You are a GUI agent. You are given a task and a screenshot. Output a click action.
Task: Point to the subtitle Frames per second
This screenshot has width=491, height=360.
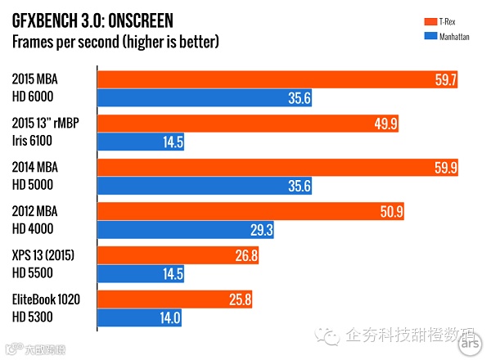click(x=115, y=40)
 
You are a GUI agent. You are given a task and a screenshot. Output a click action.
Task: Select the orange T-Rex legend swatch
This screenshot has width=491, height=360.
click(x=429, y=20)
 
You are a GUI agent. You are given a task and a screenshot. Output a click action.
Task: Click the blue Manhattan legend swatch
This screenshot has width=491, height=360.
click(x=429, y=36)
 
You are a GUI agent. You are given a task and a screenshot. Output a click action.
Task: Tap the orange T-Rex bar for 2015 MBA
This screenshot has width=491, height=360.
click(x=278, y=79)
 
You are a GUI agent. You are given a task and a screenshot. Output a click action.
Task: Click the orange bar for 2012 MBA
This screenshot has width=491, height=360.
click(x=254, y=212)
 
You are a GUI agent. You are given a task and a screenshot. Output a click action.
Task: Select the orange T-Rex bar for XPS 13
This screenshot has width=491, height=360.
click(x=179, y=256)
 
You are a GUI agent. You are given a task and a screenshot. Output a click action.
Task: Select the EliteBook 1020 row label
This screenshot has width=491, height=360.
click(x=46, y=300)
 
